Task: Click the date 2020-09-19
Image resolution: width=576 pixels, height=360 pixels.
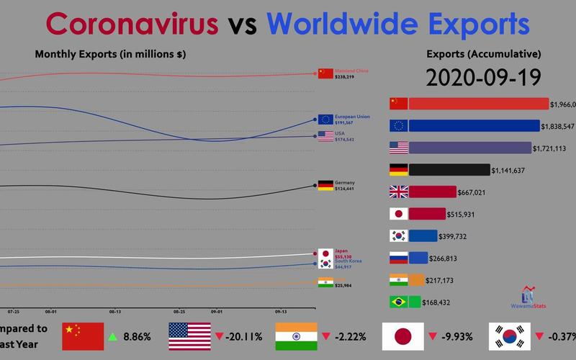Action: (x=483, y=76)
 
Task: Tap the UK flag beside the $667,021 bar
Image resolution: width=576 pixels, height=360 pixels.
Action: (x=398, y=192)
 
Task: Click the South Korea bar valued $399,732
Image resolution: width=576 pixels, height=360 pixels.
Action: (x=423, y=235)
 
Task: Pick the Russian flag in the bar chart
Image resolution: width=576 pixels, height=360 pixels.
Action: (x=398, y=258)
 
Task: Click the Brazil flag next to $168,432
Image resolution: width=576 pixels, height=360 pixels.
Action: (x=398, y=302)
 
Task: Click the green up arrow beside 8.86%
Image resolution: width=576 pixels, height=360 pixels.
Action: (x=112, y=336)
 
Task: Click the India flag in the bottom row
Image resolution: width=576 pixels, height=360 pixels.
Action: (x=296, y=336)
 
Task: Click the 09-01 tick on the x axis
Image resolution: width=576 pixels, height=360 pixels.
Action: (x=217, y=312)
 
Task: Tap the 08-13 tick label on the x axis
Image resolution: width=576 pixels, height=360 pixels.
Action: (x=115, y=312)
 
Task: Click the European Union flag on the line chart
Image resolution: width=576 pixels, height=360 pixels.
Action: (x=325, y=120)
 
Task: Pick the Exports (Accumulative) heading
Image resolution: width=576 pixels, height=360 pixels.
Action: (x=483, y=54)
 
